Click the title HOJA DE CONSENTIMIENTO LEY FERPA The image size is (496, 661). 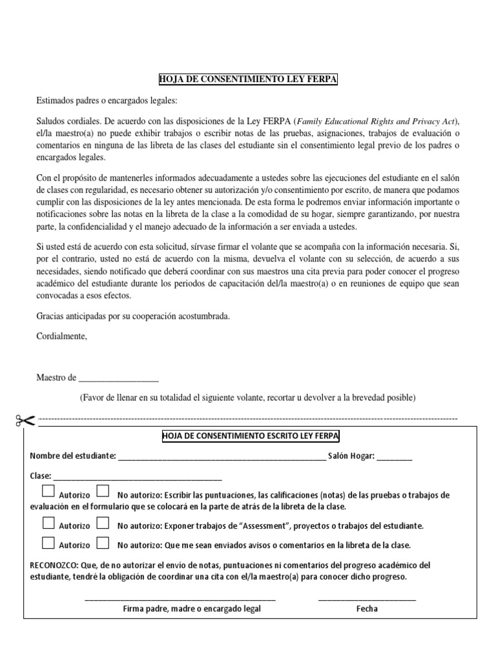[249, 79]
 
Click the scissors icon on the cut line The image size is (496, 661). [25, 421]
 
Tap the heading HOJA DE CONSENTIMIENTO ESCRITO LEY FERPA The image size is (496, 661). [250, 437]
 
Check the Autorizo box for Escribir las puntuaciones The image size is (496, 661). [48, 491]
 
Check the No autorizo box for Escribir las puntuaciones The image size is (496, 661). [103, 491]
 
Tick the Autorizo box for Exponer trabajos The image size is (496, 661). [48, 523]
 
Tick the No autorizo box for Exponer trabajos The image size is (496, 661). [103, 523]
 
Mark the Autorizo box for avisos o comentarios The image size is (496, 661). [48, 542]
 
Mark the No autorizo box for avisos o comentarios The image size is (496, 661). [103, 542]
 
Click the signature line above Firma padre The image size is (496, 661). [180, 599]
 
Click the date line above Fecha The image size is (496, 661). [367, 599]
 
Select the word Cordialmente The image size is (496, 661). [61, 336]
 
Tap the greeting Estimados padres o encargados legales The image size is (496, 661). [106, 101]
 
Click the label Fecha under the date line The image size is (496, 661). [367, 609]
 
